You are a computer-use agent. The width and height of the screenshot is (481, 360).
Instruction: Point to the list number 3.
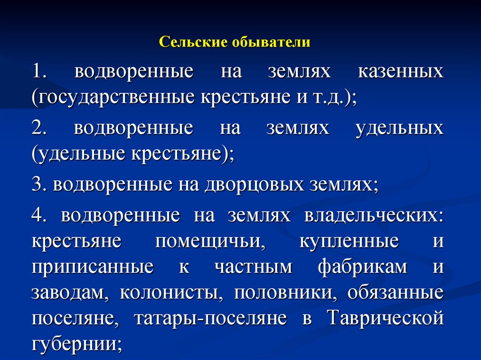click(38, 184)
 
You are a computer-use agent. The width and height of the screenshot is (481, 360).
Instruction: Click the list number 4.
click(38, 215)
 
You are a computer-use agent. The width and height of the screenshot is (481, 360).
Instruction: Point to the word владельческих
click(373, 215)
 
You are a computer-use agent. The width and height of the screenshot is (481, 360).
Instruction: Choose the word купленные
click(349, 241)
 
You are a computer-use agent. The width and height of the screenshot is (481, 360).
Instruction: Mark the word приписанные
click(93, 267)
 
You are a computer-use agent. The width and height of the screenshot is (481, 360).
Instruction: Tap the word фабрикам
click(363, 267)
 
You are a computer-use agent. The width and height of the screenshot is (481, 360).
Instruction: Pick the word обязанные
click(396, 293)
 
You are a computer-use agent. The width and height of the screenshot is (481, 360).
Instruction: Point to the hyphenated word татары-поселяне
click(210, 318)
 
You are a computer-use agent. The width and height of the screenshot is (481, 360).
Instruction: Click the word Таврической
click(385, 318)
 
